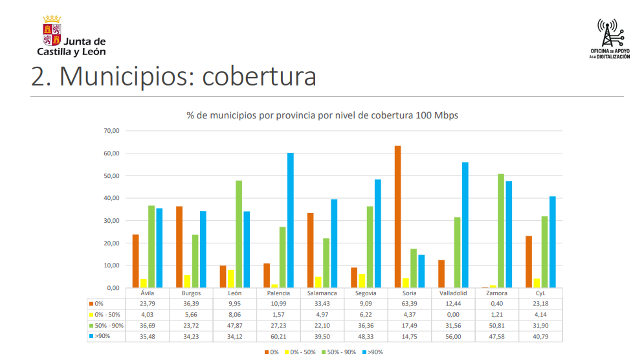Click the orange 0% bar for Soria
click(x=397, y=217)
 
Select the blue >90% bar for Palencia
click(x=291, y=220)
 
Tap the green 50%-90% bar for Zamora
click(x=501, y=231)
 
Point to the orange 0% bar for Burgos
click(x=179, y=247)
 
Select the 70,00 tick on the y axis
click(x=112, y=131)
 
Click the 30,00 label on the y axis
click(x=112, y=221)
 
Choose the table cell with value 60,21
click(x=280, y=335)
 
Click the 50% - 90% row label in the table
click(x=109, y=324)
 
